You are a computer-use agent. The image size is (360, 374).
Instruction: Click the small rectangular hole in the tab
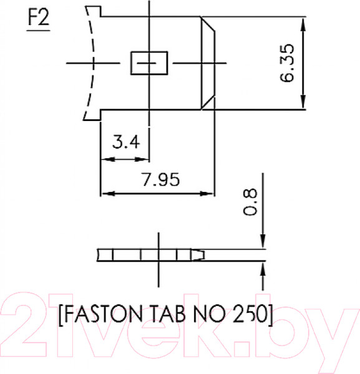pyautogui.click(x=149, y=63)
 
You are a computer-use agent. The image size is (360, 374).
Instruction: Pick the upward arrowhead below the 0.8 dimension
pyautogui.click(x=263, y=268)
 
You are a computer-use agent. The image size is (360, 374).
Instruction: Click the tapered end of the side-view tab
pyautogui.click(x=200, y=255)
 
